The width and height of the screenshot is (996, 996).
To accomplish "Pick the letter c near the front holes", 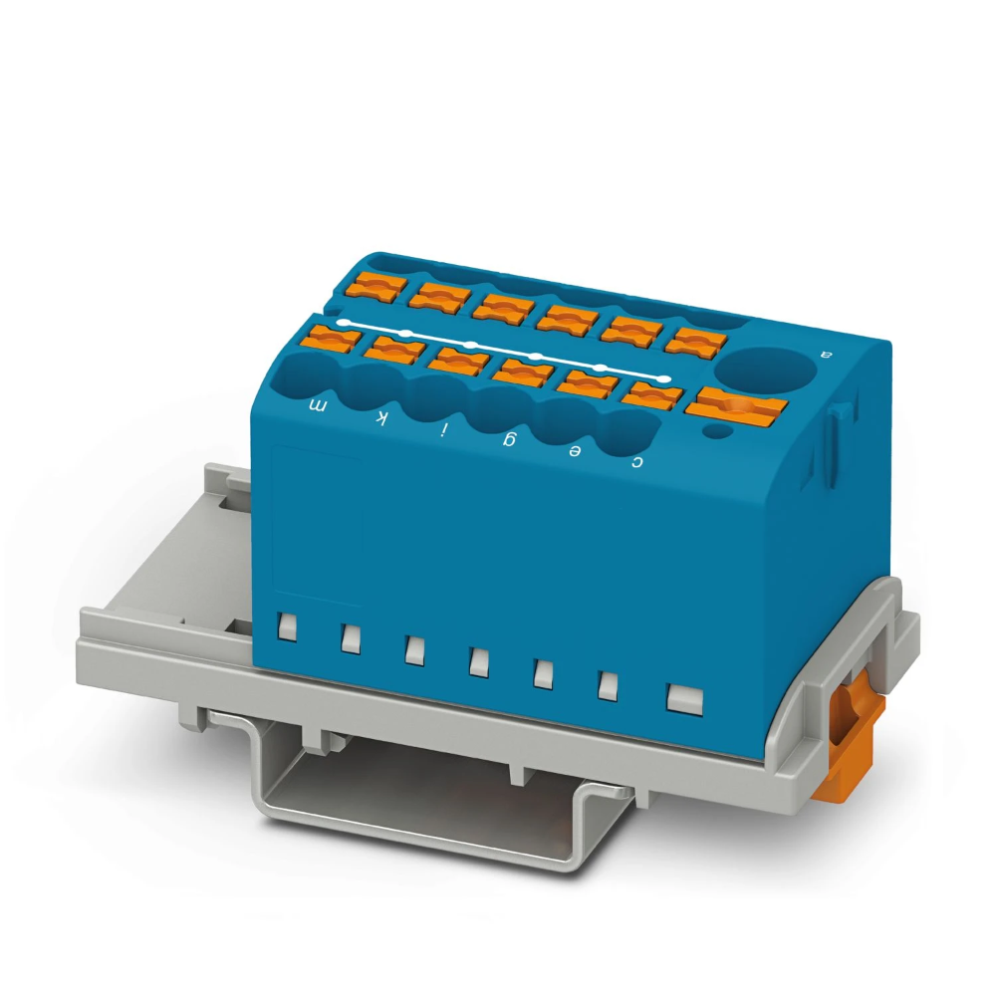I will coord(637,461).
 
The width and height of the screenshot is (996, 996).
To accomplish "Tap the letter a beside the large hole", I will coord(823,353).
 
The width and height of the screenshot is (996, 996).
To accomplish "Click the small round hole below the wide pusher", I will coord(713,430).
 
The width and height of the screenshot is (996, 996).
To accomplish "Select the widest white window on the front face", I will coord(684,697).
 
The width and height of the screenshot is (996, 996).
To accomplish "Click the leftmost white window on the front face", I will coord(288,626).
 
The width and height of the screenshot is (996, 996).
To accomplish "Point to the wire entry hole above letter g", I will coord(497,408).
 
